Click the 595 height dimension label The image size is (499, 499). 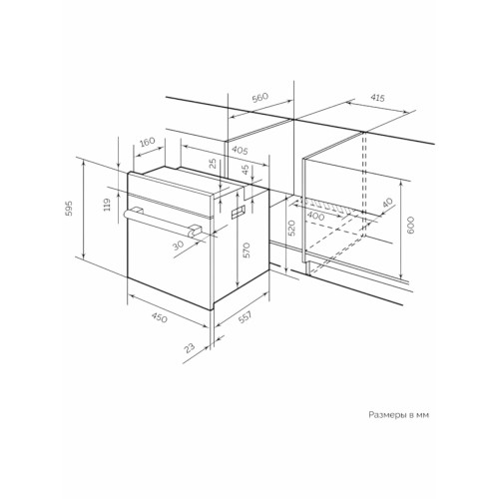point(69,209)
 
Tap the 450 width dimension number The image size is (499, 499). point(159,317)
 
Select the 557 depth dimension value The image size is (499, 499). point(246,316)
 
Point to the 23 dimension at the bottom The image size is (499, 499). point(190,348)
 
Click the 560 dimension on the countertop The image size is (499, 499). point(259,98)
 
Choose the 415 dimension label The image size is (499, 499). point(377,98)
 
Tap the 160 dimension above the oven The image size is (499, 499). point(147,142)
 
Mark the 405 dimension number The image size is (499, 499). point(240,151)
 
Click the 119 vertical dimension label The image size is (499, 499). point(107,205)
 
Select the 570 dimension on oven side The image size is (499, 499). point(246,250)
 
